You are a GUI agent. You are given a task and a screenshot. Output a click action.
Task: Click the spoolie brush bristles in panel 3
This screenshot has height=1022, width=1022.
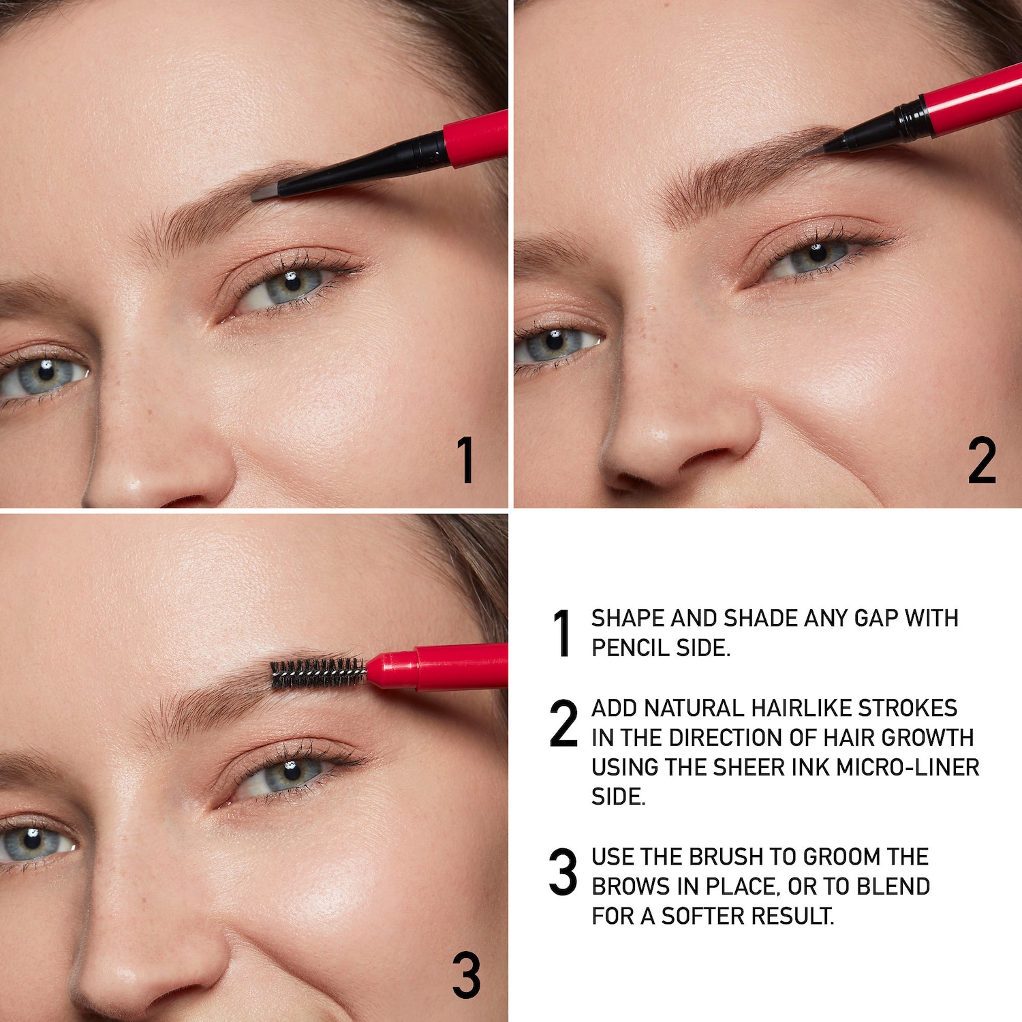318,672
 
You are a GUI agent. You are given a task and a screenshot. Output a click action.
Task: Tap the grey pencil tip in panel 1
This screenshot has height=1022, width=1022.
265,193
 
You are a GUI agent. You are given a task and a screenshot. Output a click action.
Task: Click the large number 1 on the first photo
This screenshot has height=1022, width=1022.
465,461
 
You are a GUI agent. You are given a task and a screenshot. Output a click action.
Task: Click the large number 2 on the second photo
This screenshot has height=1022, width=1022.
982,461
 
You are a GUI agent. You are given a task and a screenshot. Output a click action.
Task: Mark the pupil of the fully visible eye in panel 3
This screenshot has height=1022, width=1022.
292,771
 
